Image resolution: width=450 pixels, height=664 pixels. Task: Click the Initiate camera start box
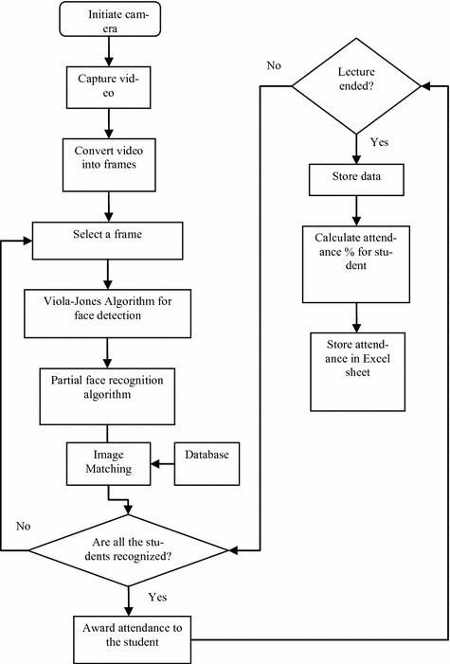point(110,19)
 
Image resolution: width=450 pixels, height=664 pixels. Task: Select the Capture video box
point(109,87)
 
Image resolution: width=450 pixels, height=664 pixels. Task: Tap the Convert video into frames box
point(109,165)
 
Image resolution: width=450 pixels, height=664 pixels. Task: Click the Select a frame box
point(108,241)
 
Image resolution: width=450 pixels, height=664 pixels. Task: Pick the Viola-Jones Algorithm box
point(108,314)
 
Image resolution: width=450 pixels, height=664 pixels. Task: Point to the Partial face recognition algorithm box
point(107,396)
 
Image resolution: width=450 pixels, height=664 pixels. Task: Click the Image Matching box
point(109,464)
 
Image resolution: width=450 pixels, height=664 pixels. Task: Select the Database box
point(207,464)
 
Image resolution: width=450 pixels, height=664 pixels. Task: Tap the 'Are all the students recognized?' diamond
point(129,550)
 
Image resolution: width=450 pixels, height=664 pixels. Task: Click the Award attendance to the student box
point(133,639)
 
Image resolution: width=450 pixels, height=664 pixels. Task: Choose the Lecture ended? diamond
point(356,86)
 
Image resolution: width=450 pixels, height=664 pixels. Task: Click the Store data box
point(356,180)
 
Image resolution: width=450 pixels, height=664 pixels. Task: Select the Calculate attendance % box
point(356,264)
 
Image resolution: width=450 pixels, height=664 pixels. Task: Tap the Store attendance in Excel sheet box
point(357,372)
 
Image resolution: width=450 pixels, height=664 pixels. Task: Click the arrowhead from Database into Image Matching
point(155,464)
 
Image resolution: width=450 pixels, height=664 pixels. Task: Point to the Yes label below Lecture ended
point(379,142)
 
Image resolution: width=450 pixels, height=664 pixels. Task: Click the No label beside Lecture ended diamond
point(274,65)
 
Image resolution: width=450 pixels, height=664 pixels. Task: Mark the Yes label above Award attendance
point(157,597)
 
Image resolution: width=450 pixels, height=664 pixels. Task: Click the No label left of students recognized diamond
point(24,526)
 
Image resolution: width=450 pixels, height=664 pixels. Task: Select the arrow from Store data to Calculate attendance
point(356,211)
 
